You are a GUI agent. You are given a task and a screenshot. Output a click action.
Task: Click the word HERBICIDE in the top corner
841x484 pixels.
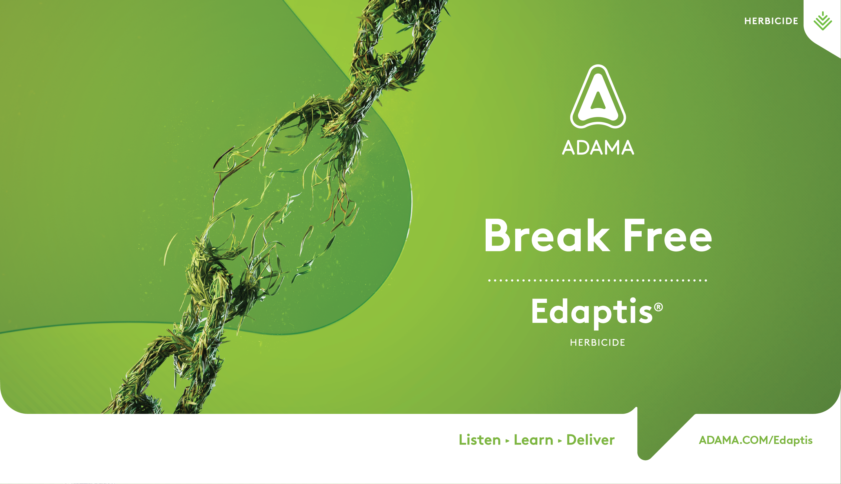coord(771,21)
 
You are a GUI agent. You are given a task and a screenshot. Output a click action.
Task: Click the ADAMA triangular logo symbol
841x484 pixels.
coord(598,96)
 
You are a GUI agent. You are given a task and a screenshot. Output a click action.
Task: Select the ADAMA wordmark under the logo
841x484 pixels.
coord(598,147)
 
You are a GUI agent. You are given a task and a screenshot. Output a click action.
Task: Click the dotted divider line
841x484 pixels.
coord(598,280)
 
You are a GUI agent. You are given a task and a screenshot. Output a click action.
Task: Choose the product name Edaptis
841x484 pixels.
coord(592,312)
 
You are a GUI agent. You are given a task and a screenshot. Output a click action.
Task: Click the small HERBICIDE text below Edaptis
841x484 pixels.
coord(598,343)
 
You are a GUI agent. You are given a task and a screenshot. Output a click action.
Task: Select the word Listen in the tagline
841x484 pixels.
coord(479,440)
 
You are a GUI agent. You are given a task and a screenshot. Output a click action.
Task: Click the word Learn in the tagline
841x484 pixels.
coord(533,440)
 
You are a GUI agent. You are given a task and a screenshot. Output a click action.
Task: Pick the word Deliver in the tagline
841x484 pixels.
coord(590,440)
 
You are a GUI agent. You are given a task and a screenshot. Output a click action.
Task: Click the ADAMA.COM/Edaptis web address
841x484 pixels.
coord(755,440)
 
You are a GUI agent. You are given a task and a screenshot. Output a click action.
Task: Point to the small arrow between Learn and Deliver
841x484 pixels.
coord(560,441)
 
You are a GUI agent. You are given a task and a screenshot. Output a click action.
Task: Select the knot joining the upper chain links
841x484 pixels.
coord(343,116)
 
